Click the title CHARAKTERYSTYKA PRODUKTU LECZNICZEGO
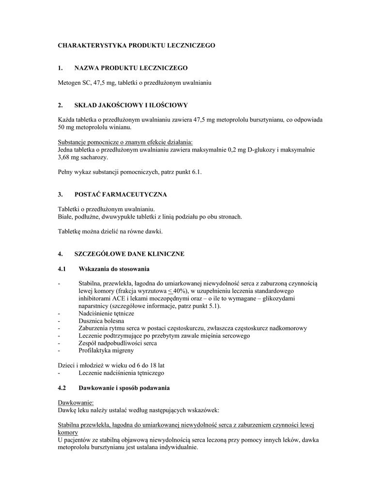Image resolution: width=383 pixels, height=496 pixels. point(137,45)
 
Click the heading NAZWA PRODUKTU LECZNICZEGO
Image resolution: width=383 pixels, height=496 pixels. point(130,67)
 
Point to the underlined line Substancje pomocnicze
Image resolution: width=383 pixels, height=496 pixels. point(125,142)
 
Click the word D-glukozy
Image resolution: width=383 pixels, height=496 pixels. point(259,150)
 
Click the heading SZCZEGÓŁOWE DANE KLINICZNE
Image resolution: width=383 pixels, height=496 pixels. point(129,254)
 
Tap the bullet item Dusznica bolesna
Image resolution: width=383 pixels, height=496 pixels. point(101,321)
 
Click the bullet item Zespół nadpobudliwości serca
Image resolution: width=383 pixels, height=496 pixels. point(117,343)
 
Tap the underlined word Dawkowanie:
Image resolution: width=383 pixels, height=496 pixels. point(76,403)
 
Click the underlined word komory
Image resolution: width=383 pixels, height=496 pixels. point(68,432)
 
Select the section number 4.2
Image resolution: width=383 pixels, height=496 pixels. point(61,388)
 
